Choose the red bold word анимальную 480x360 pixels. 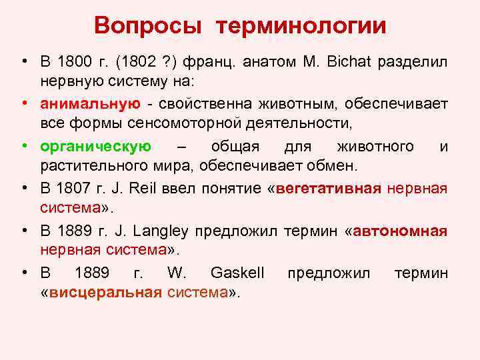[x=89, y=104]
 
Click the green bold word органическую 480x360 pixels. [x=96, y=146]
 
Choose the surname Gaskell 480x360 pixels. [x=237, y=273]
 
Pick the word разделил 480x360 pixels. [x=413, y=63]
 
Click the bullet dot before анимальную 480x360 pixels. [x=23, y=104]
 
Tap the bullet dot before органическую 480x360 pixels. [x=23, y=146]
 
